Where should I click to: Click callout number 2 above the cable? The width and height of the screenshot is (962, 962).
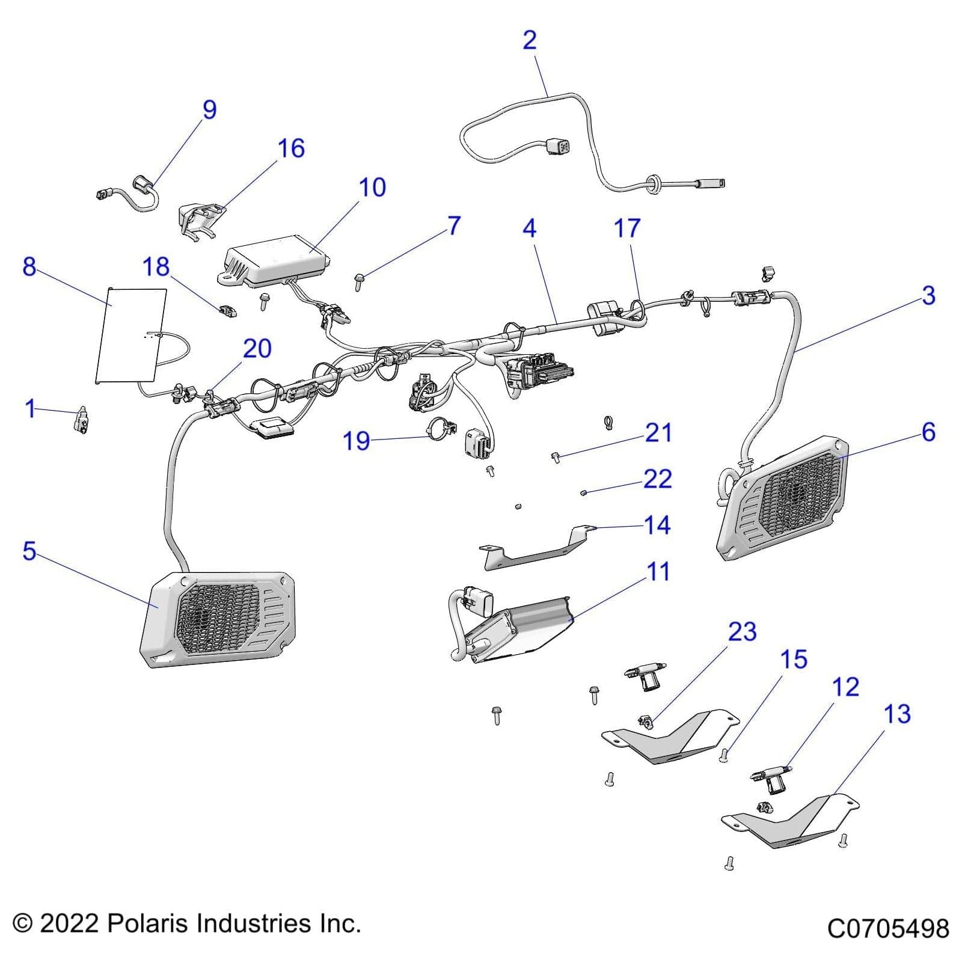[x=529, y=40]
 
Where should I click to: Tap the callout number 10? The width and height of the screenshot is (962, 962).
[x=372, y=188]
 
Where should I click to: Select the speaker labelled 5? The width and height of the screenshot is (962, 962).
[x=218, y=619]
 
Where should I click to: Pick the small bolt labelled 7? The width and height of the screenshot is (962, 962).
[x=359, y=281]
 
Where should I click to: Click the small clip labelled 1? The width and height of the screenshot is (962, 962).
[x=82, y=419]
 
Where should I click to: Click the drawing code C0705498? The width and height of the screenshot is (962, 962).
[x=887, y=928]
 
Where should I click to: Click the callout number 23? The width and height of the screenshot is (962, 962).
[x=742, y=632]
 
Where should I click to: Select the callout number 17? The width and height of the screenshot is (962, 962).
[x=627, y=228]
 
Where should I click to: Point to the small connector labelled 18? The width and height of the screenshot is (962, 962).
[x=228, y=311]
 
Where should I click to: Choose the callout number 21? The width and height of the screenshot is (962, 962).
[x=658, y=432]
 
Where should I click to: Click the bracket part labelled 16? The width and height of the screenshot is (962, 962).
[x=198, y=219]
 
